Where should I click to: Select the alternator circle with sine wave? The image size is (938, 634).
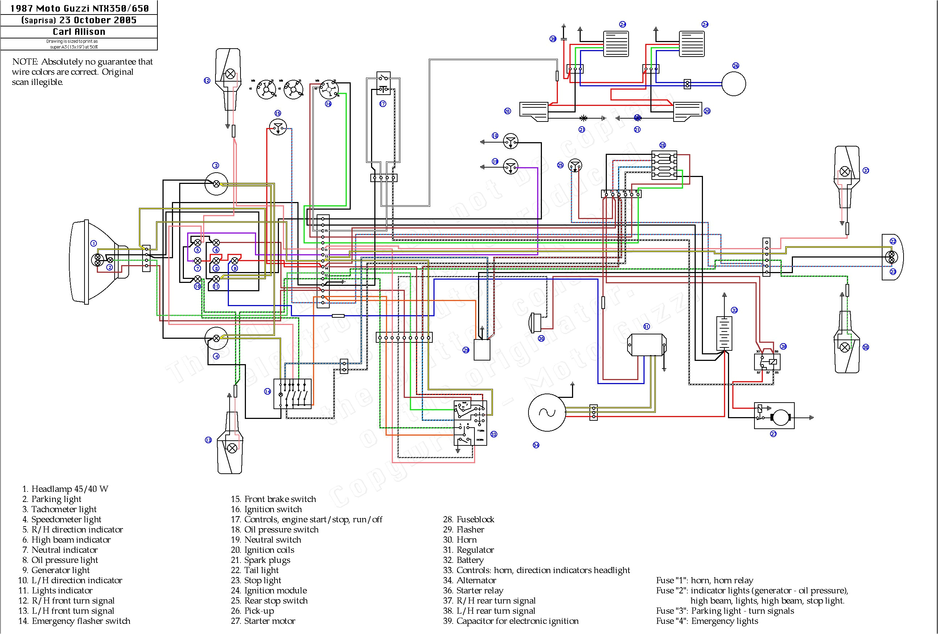pyautogui.click(x=547, y=412)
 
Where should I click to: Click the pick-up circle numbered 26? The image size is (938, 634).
pyautogui.click(x=733, y=84)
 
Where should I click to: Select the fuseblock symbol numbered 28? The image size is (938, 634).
pyautogui.click(x=664, y=165)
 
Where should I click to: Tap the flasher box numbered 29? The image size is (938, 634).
pyautogui.click(x=481, y=350)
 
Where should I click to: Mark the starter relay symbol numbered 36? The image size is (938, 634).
pyautogui.click(x=767, y=362)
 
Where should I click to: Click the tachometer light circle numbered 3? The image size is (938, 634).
pyautogui.click(x=216, y=184)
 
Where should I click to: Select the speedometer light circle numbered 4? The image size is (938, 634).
pyautogui.click(x=216, y=338)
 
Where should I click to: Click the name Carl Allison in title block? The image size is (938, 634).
pyautogui.click(x=79, y=32)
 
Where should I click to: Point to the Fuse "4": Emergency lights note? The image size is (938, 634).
pyautogui.click(x=707, y=621)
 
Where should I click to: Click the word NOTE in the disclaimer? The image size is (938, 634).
pyautogui.click(x=25, y=62)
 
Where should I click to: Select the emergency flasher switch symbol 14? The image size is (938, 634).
pyautogui.click(x=292, y=394)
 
